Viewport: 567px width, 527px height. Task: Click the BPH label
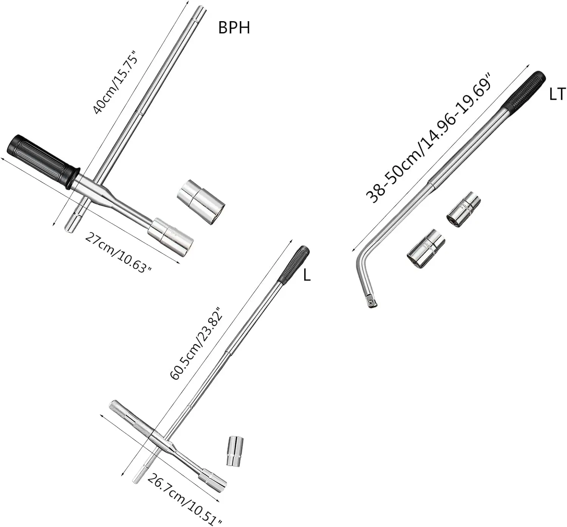coord(234,28)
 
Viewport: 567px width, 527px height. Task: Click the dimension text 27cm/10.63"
coord(118,253)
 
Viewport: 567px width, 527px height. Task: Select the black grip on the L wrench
coord(294,265)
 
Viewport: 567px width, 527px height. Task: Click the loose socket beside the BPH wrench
coord(201,201)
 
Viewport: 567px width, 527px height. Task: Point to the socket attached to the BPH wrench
coord(170,237)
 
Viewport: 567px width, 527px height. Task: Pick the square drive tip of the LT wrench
coord(372,301)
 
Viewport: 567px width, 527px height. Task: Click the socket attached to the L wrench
coord(213,479)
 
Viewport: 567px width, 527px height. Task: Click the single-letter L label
coord(307,275)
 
